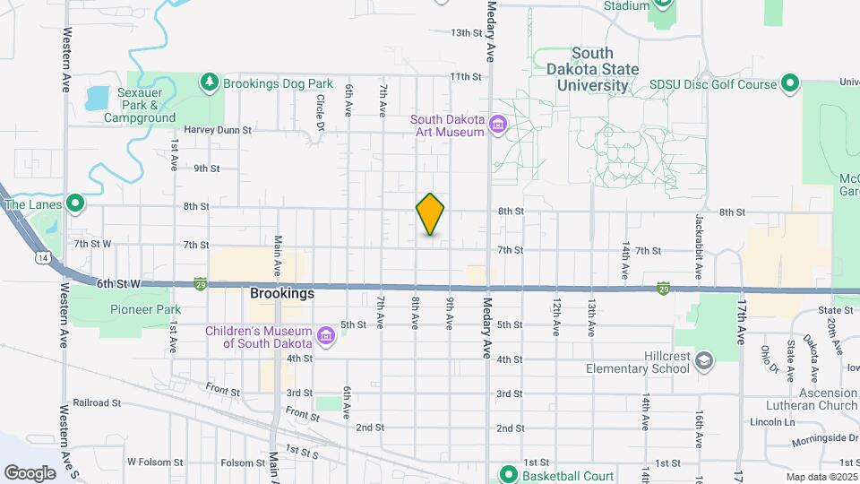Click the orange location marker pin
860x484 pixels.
pyautogui.click(x=431, y=214)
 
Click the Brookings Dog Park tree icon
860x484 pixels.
pyautogui.click(x=210, y=83)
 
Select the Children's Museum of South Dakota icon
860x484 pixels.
pyautogui.click(x=326, y=337)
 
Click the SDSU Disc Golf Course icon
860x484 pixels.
pyautogui.click(x=789, y=84)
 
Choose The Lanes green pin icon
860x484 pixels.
pyautogui.click(x=76, y=204)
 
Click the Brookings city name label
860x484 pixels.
pyautogui.click(x=282, y=293)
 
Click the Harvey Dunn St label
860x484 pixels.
pyautogui.click(x=219, y=129)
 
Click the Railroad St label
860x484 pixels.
pyautogui.click(x=97, y=402)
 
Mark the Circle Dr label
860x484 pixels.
pyautogui.click(x=320, y=111)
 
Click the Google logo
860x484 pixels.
pyautogui.click(x=30, y=472)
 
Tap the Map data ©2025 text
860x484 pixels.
pyautogui.click(x=821, y=477)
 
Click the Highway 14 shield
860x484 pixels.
pyautogui.click(x=42, y=258)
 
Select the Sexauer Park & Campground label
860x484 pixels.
pyautogui.click(x=139, y=105)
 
